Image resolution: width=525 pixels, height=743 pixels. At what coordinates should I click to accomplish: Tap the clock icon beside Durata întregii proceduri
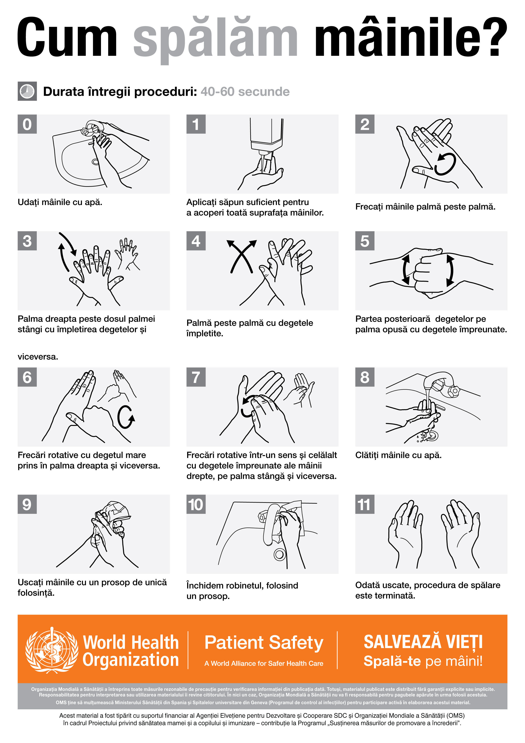pos(27,91)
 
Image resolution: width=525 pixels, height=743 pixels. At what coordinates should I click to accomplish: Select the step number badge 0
pos(27,124)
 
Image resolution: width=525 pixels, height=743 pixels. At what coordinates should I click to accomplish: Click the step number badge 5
pos(365,241)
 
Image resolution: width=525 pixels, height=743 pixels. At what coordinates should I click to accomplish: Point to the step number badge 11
pos(365,504)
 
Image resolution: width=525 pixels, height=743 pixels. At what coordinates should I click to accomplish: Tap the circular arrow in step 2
pos(445,164)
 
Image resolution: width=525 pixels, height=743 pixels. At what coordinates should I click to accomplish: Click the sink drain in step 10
pos(279,555)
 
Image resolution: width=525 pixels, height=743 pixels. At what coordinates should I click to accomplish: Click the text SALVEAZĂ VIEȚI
pos(423,642)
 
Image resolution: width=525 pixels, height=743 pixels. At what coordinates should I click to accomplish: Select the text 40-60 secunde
pos(245,91)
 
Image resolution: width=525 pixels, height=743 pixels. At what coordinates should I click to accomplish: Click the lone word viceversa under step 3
pos(38,357)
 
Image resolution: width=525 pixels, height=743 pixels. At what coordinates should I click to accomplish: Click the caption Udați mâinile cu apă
pos(60,202)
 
